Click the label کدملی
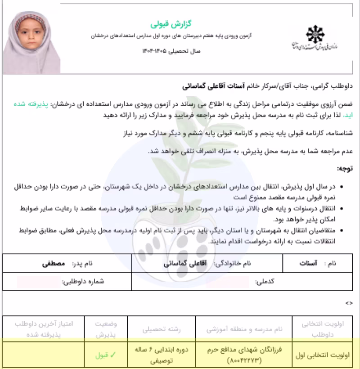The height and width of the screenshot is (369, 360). coord(265,282)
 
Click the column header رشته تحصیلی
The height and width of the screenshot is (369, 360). coord(161,329)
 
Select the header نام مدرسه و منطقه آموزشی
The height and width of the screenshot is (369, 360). coord(244,329)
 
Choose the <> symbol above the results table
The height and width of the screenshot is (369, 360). coord(349,303)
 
